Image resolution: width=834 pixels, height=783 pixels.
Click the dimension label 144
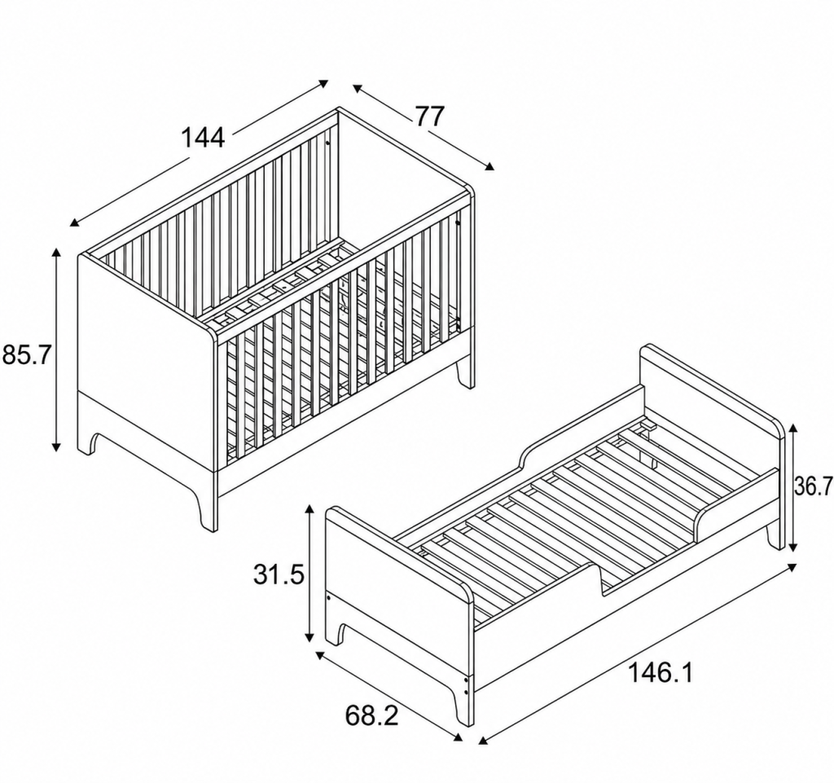click(x=204, y=138)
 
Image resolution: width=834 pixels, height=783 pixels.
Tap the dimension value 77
click(x=429, y=117)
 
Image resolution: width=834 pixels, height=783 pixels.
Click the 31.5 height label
click(x=279, y=574)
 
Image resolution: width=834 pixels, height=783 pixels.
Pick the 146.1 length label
click(x=661, y=672)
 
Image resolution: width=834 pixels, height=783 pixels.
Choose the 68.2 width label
click(x=371, y=715)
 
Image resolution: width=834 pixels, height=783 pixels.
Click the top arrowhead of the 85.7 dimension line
click(x=56, y=252)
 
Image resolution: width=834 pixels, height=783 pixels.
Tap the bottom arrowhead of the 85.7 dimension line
click(x=56, y=446)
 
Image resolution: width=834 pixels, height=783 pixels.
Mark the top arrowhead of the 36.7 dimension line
click(x=793, y=429)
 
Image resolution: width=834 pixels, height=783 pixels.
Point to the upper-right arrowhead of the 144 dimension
click(x=323, y=83)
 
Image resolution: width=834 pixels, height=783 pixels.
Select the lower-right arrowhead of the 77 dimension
click(x=489, y=166)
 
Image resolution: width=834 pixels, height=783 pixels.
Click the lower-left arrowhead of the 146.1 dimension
click(x=484, y=740)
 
